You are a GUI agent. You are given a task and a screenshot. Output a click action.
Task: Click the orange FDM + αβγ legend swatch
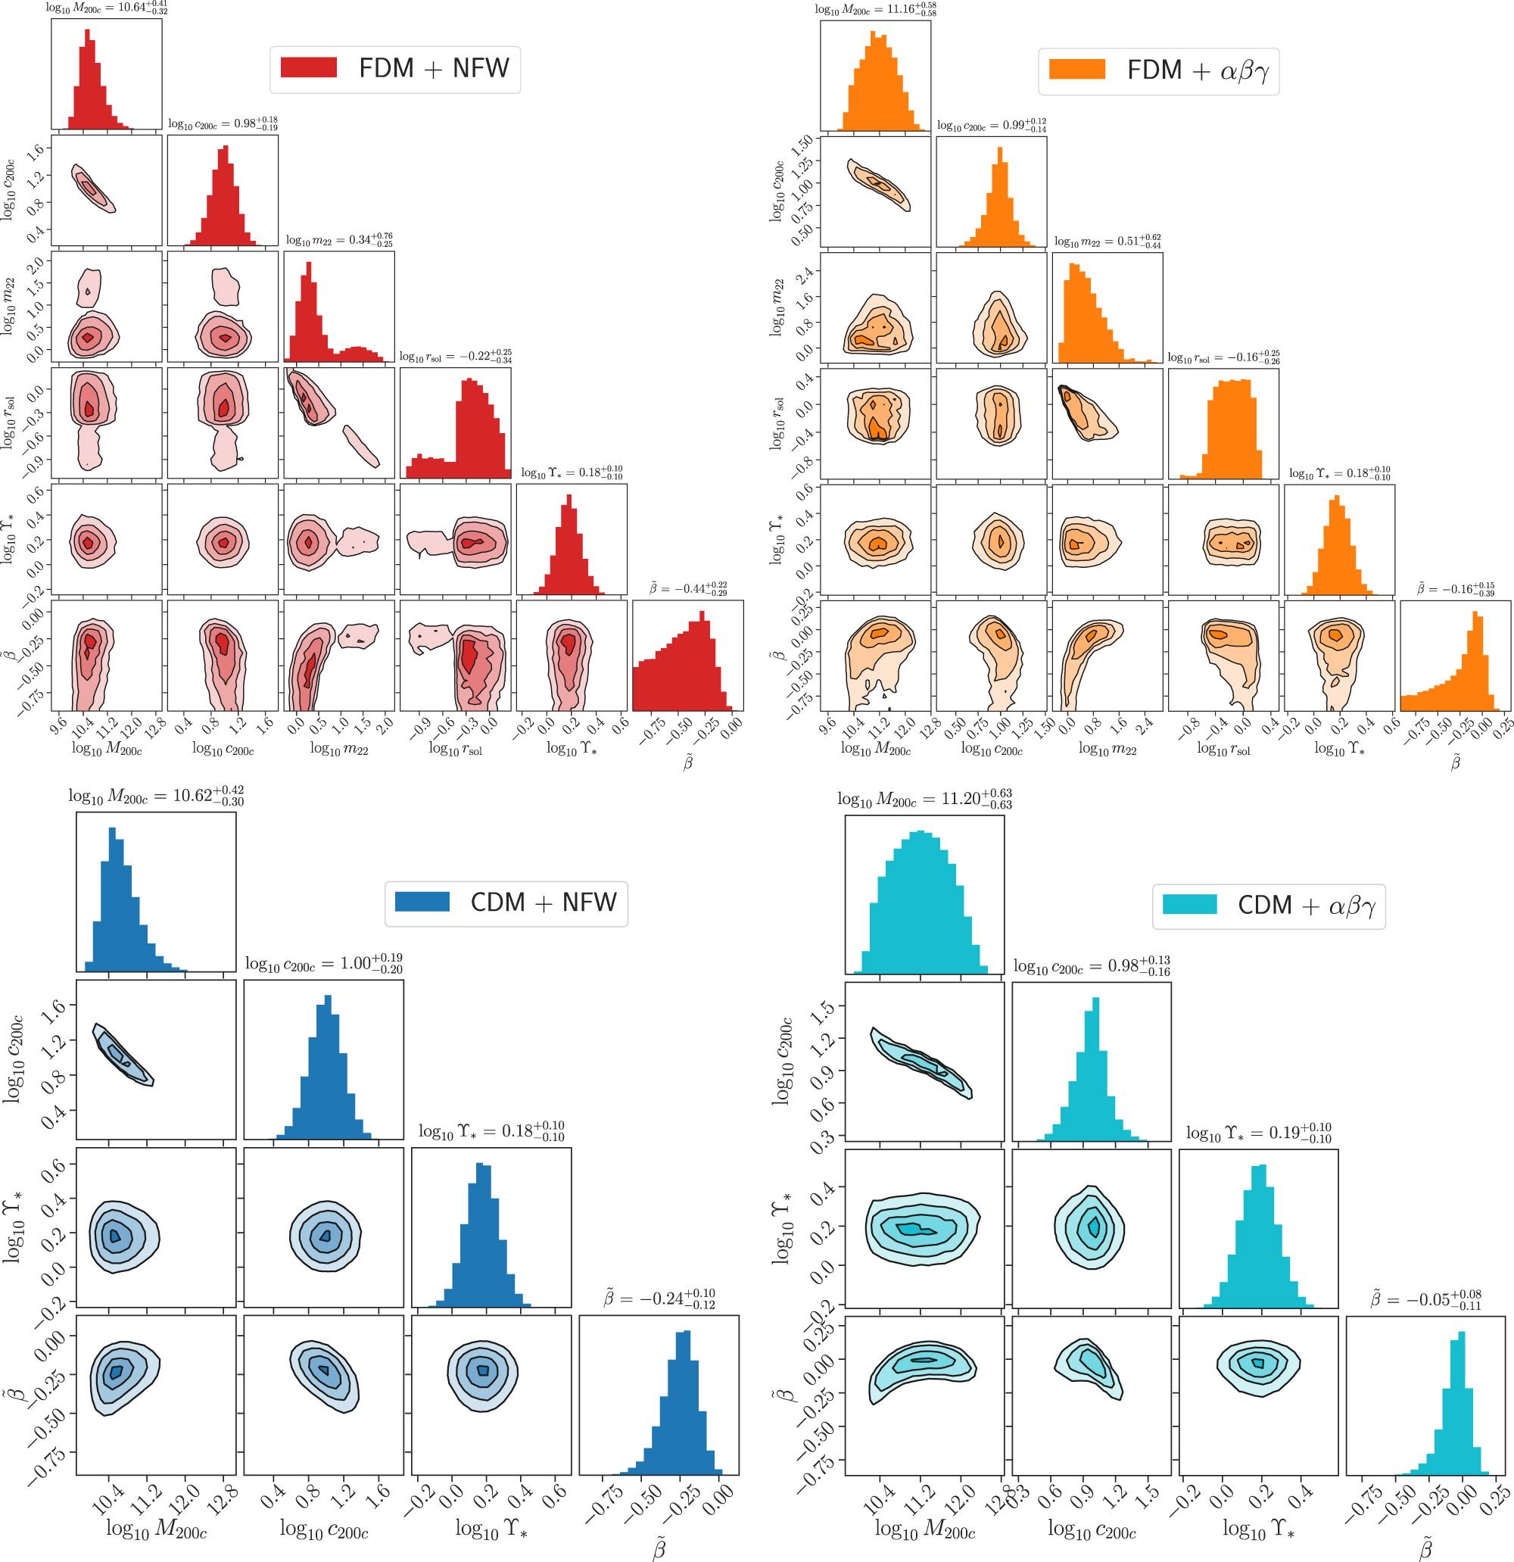[1076, 70]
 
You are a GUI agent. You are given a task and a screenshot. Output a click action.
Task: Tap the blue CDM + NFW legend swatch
[422, 901]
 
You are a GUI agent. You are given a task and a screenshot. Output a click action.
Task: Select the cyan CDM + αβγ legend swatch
[1190, 905]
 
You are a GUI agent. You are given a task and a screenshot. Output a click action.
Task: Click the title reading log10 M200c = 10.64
[106, 8]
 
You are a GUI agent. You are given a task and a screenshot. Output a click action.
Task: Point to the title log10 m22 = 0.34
[338, 240]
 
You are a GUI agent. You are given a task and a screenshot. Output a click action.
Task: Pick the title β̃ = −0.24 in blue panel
[659, 1299]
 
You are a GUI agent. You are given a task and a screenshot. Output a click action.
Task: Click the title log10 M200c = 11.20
[924, 799]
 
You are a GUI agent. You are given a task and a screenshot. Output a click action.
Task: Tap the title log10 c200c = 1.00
[323, 964]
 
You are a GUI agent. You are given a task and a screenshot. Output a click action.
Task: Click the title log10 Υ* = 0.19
[1258, 1133]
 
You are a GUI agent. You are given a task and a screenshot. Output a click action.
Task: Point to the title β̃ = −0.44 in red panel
[687, 588]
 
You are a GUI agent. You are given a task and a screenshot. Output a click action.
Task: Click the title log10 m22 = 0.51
[1107, 241]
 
